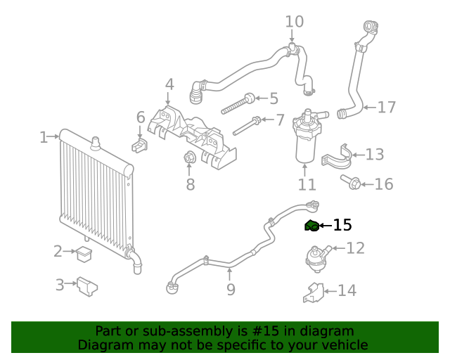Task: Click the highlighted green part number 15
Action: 311,225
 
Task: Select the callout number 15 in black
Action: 342,225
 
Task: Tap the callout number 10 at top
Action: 294,22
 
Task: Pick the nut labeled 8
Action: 189,158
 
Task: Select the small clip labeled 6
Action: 139,145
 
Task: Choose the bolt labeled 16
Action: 354,184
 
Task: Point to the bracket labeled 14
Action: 314,292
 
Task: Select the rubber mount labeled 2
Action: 85,253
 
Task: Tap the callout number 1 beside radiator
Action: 44,137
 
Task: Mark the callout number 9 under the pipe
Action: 231,289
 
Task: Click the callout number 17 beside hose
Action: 387,108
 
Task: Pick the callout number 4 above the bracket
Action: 169,84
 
